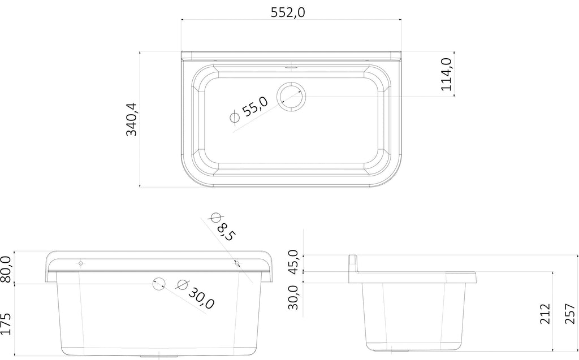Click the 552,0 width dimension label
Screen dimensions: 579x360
[x=288, y=12]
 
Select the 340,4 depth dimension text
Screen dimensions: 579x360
[x=131, y=119]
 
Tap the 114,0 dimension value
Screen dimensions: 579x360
[x=447, y=74]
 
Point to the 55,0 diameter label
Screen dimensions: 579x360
[x=255, y=106]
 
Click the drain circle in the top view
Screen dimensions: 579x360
[x=291, y=97]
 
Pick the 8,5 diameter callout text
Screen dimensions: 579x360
[x=225, y=232]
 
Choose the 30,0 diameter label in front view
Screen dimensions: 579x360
[x=201, y=298]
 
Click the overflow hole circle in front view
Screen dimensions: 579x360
[x=159, y=284]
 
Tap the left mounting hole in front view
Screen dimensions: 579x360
[x=80, y=263]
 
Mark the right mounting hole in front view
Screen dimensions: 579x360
[x=237, y=263]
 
